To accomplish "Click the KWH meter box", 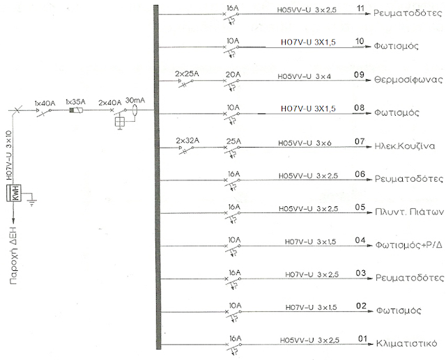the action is click(14, 193).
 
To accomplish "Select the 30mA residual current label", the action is click(135, 100).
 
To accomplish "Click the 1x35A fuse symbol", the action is click(76, 110).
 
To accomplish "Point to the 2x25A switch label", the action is click(187, 75).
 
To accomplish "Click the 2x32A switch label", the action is click(187, 141).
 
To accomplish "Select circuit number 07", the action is click(360, 141).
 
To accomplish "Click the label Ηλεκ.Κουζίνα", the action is click(405, 146).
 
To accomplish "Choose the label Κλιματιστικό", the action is click(406, 343).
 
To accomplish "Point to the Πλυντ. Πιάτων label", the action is click(409, 212).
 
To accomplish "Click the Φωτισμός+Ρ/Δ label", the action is click(409, 244).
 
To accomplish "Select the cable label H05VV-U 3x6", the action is click(305, 143).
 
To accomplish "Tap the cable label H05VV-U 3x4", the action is click(304, 77).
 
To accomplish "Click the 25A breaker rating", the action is click(233, 141).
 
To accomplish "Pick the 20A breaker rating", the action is click(233, 75).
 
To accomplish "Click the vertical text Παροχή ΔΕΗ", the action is click(13, 256).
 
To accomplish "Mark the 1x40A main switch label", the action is click(45, 103).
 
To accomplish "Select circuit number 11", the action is click(361, 8).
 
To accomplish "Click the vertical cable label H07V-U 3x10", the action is click(9, 155).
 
